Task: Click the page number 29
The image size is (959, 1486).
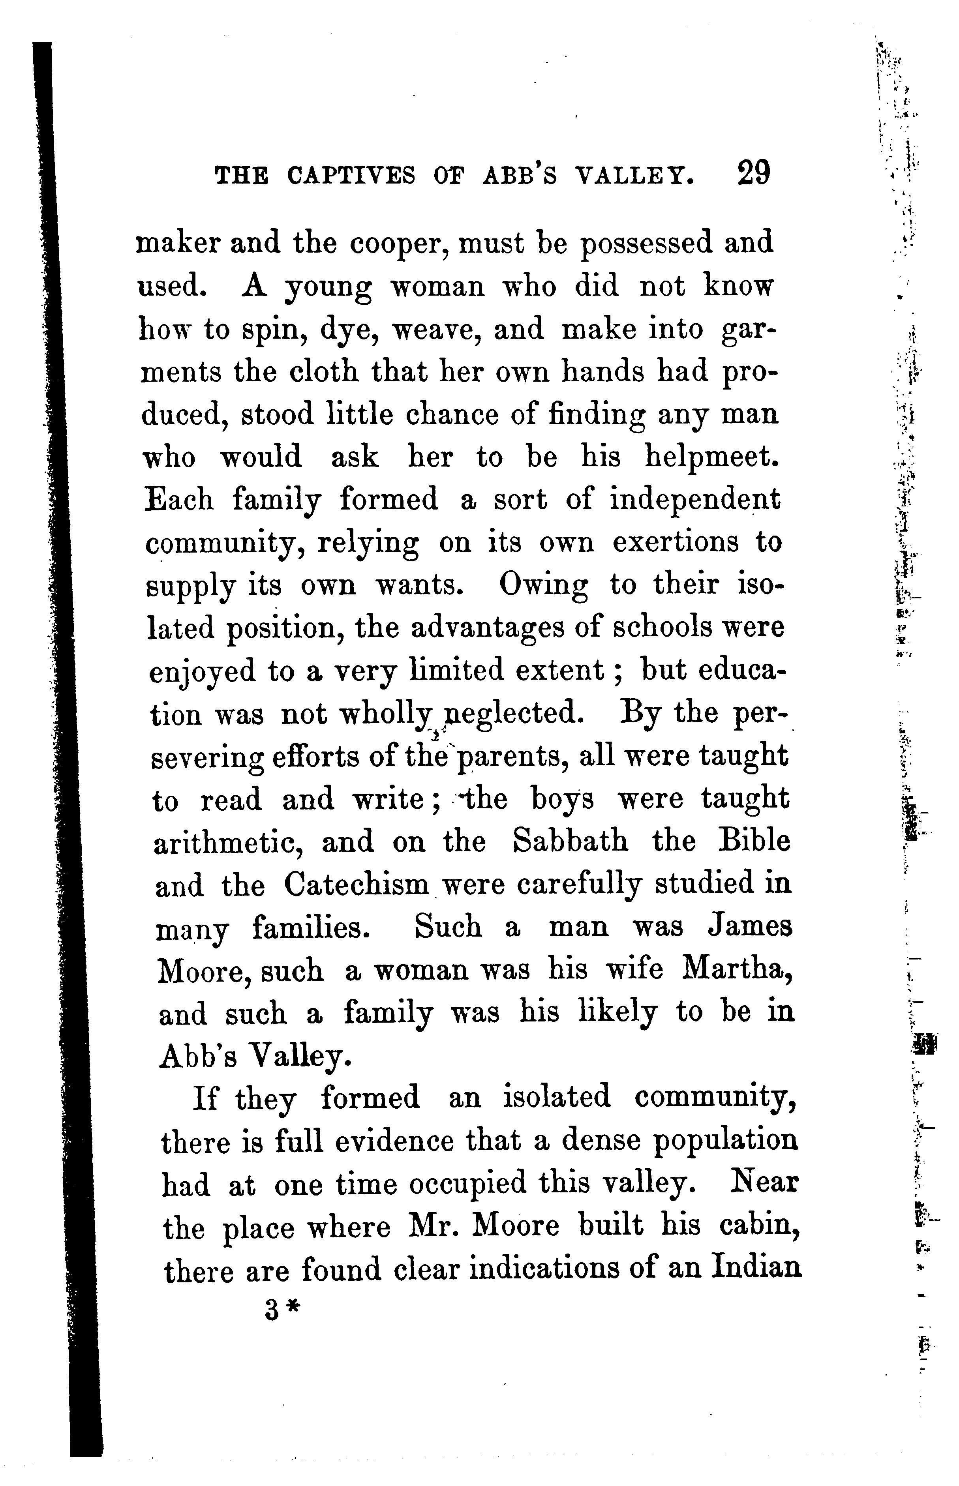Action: click(753, 173)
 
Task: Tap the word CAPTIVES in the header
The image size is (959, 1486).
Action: click(351, 176)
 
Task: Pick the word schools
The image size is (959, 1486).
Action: click(662, 628)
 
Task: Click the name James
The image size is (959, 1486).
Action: click(751, 927)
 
